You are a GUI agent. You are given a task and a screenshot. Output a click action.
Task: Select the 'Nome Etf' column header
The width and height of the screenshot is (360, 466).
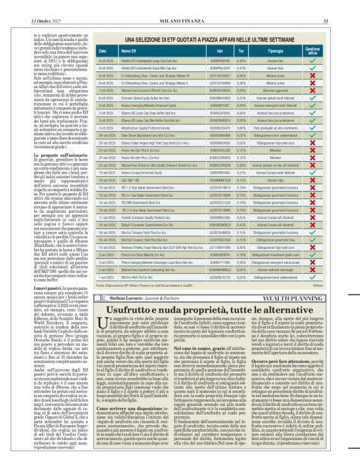[128, 50]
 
